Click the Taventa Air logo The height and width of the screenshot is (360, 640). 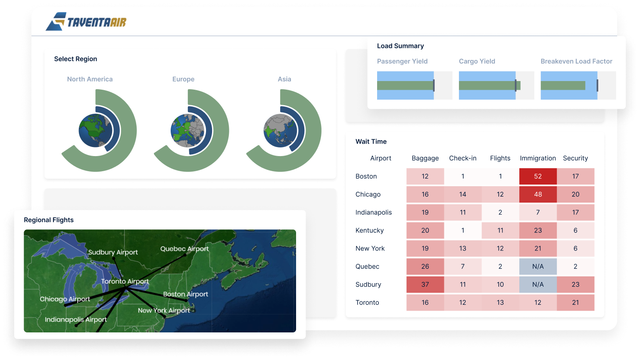(86, 22)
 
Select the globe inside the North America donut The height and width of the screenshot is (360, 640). (95, 130)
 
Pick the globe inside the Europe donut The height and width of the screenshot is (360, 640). (187, 130)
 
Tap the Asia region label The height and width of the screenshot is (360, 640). (284, 79)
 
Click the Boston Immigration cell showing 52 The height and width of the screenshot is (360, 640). (538, 176)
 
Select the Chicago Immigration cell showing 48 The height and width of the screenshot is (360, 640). (538, 194)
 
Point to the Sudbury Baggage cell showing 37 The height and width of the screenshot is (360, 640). (425, 285)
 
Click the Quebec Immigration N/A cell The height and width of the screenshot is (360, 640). (538, 266)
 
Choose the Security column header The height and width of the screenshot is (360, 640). (575, 158)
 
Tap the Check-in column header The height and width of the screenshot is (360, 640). (462, 158)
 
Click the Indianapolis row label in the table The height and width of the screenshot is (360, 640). (374, 213)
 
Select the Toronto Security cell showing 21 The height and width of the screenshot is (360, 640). (575, 303)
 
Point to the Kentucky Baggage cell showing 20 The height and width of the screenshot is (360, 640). (425, 231)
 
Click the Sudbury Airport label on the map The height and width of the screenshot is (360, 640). (113, 252)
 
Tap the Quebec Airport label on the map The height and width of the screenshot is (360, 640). (184, 249)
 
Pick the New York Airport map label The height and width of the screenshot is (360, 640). (164, 310)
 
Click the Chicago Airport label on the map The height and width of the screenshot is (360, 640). (65, 299)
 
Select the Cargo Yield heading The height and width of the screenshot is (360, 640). (477, 61)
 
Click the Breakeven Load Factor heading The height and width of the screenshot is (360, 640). (576, 61)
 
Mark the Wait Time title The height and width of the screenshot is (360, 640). (371, 141)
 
